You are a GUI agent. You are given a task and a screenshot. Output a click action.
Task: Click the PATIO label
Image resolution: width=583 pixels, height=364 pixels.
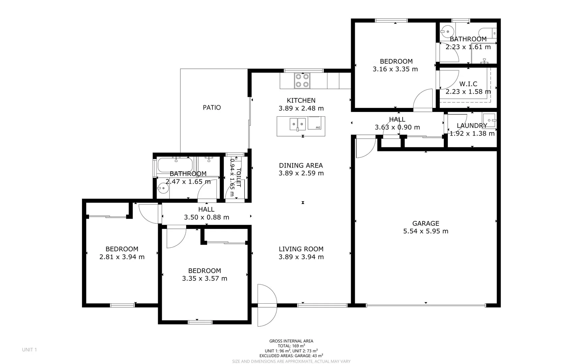pyautogui.click(x=212, y=108)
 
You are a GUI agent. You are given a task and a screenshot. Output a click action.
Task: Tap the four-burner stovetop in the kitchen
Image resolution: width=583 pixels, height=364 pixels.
pyautogui.click(x=302, y=81)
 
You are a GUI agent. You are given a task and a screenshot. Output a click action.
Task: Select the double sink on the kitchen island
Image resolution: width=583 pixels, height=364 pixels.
pyautogui.click(x=297, y=124)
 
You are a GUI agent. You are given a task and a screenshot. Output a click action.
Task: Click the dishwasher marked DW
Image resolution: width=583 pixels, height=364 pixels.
pyautogui.click(x=316, y=123)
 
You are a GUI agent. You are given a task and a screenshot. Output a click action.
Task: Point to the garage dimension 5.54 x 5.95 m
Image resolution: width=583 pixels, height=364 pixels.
pyautogui.click(x=426, y=231)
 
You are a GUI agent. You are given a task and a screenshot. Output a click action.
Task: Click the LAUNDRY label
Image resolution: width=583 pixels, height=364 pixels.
pyautogui.click(x=472, y=125)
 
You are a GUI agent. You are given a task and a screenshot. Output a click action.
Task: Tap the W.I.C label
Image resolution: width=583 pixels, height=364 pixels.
pyautogui.click(x=468, y=84)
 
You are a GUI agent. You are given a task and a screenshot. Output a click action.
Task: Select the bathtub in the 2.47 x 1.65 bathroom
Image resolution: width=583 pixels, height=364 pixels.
pyautogui.click(x=174, y=165)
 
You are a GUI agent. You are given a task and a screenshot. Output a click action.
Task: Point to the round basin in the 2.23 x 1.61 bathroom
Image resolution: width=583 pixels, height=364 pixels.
pyautogui.click(x=447, y=32)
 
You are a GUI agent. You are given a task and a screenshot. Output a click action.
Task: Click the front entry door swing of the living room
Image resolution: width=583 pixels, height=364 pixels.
pyautogui.click(x=266, y=305)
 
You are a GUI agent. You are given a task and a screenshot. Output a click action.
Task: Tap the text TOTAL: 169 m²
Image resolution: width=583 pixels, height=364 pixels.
pyautogui.click(x=291, y=346)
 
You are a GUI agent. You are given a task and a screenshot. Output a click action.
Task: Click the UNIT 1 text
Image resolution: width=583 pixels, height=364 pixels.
pyautogui.click(x=29, y=350)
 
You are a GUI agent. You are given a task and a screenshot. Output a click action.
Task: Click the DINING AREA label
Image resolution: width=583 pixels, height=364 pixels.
pyautogui.click(x=301, y=165)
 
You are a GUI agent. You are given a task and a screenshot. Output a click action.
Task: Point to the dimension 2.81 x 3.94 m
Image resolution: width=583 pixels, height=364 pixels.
pyautogui.click(x=122, y=257)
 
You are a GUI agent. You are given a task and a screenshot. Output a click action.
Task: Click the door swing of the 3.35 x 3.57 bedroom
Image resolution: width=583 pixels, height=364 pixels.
pyautogui.click(x=175, y=238)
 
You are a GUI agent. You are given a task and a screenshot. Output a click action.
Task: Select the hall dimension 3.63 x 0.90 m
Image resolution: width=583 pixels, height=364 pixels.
pyautogui.click(x=397, y=127)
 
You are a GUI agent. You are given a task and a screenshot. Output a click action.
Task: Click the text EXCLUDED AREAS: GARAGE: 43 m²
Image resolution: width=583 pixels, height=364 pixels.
pyautogui.click(x=291, y=356)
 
